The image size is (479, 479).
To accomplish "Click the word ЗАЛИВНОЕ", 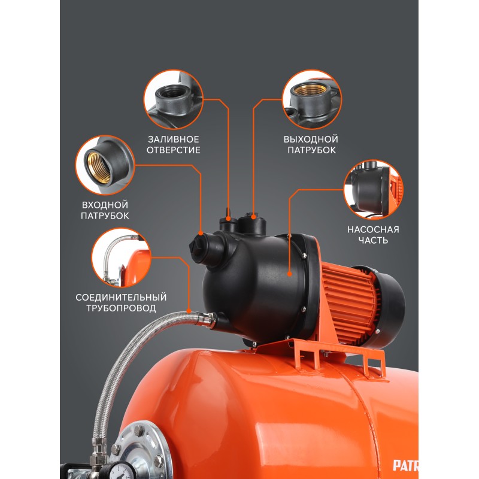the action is [174, 140].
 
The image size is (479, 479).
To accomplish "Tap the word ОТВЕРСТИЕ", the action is [174, 150].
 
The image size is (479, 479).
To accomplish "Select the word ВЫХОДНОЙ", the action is [311, 140].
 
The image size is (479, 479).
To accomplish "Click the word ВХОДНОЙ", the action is [105, 205].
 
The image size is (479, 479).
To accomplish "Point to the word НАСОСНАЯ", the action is [373, 229].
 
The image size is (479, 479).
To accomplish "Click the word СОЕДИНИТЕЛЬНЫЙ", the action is [121, 297].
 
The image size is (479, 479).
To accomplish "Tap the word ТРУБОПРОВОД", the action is [121, 308].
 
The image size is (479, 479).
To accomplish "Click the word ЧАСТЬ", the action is [373, 240].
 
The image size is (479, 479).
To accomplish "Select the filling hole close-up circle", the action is [173, 99].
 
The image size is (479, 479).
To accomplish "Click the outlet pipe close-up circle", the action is [312, 99].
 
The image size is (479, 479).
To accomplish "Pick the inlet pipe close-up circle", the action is [105, 165].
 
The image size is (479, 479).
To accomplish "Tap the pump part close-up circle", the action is [373, 190].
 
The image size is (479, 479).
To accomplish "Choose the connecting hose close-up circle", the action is [122, 257].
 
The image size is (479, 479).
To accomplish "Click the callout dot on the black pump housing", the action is [289, 274].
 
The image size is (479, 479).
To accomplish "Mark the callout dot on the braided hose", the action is [189, 311].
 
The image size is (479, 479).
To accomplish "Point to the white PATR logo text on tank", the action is [405, 466].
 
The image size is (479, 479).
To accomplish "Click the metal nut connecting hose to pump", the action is [205, 319].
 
